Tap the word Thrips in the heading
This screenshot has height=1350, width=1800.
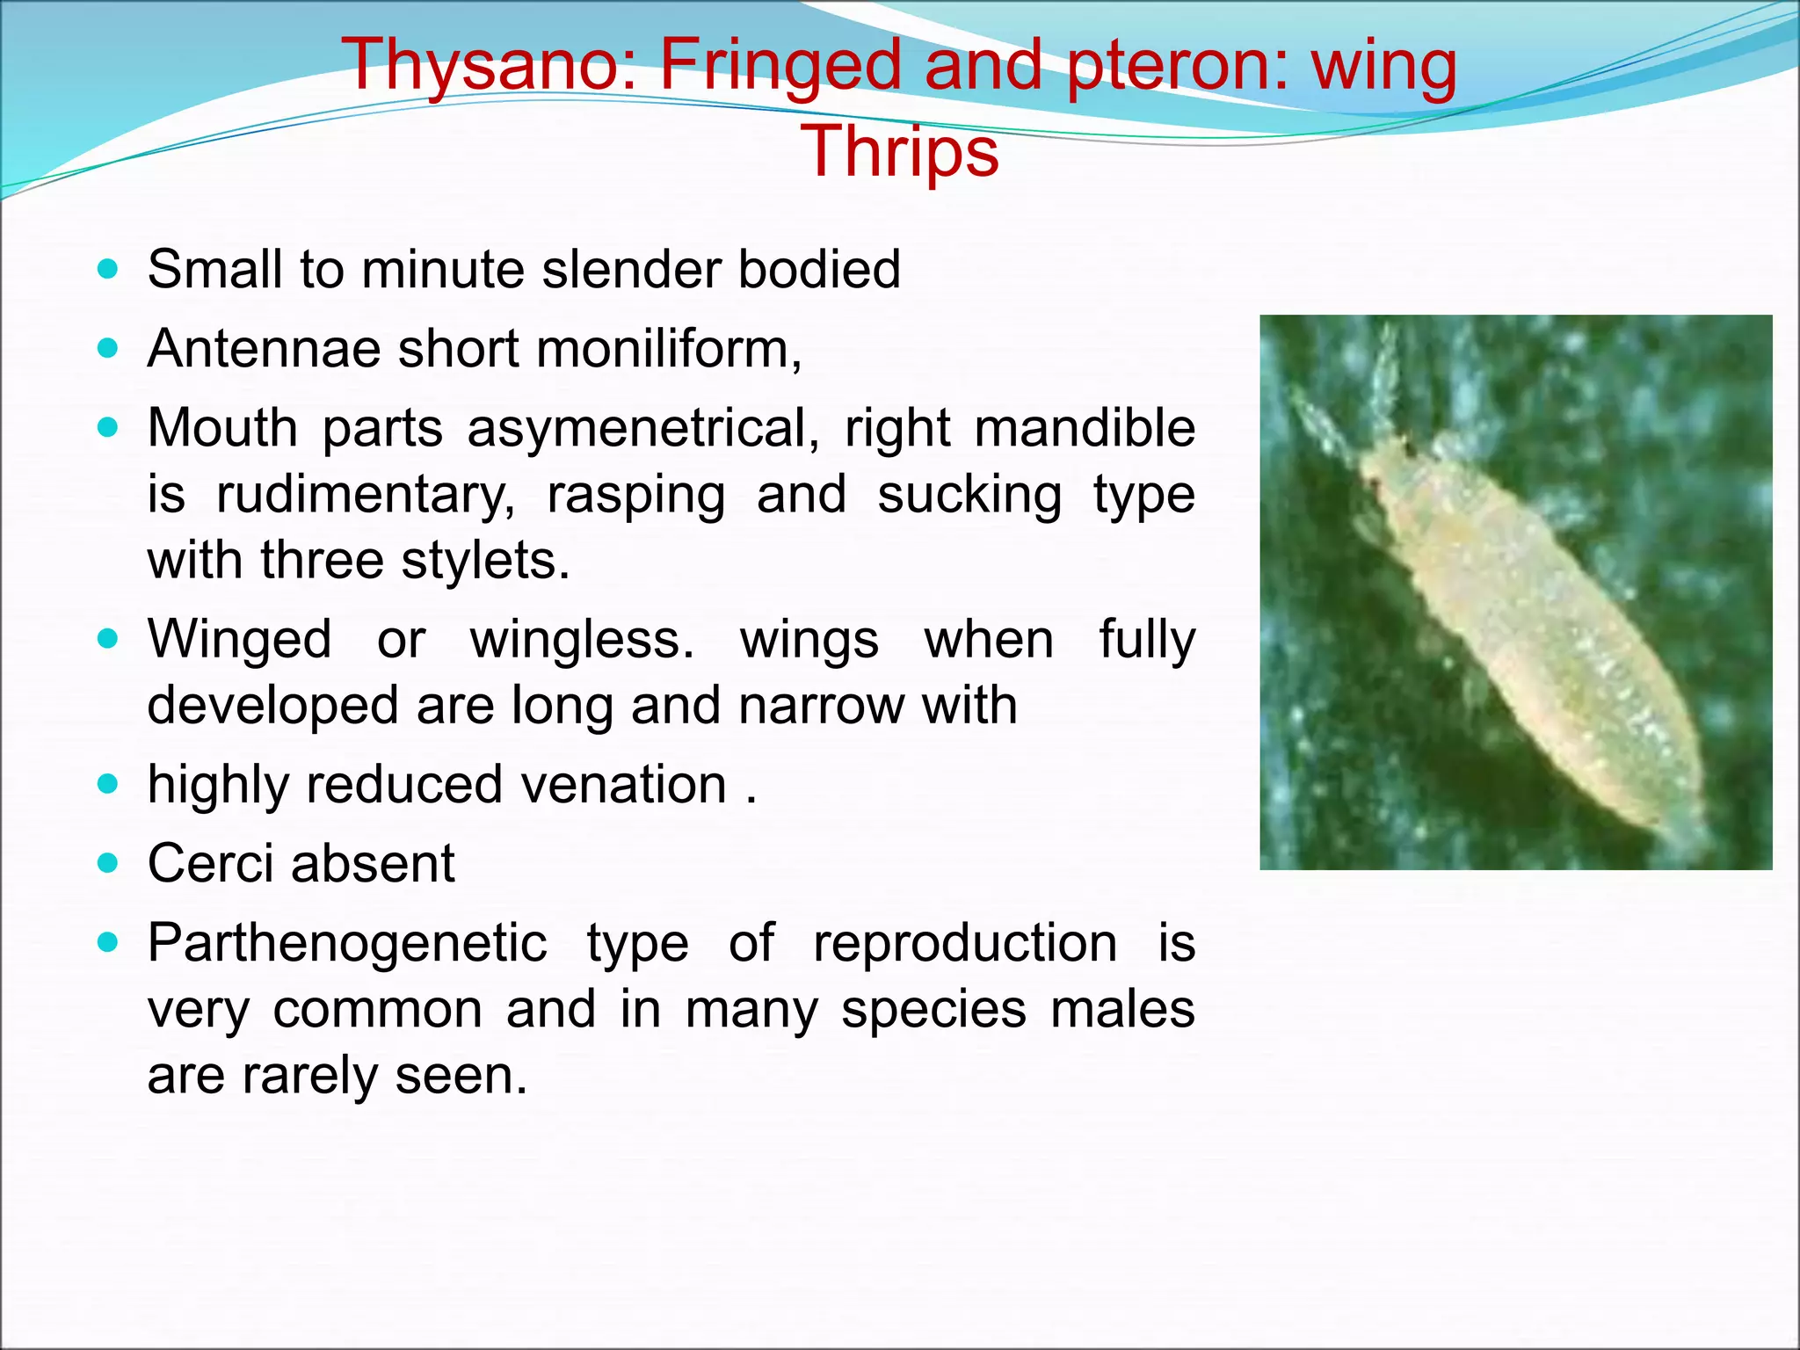coord(900,152)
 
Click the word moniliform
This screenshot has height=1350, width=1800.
coord(664,349)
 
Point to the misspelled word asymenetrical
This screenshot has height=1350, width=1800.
coord(642,429)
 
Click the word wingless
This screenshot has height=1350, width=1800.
coord(581,639)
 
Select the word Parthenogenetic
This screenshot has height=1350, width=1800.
coord(347,943)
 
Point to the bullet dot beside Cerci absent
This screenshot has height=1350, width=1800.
coord(108,863)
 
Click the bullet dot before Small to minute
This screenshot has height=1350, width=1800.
coord(108,269)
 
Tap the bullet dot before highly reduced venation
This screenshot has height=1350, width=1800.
coord(108,784)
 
